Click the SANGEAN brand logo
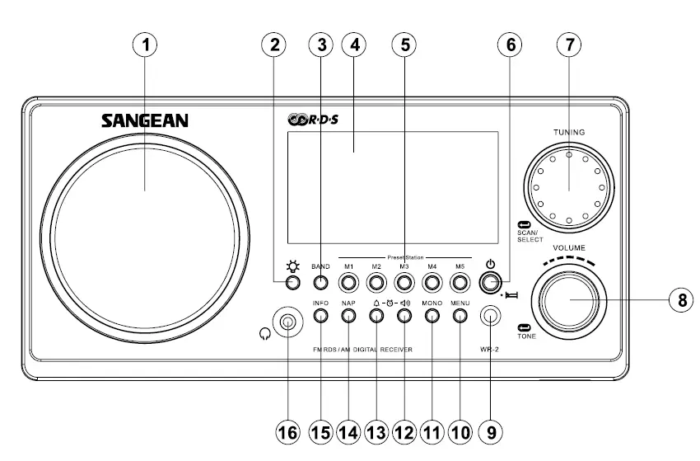[145, 121]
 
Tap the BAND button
[320, 283]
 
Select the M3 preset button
[404, 283]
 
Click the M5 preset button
[460, 283]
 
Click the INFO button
[320, 318]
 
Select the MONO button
[432, 318]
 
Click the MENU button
[460, 318]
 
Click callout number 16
[287, 431]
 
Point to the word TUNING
[569, 131]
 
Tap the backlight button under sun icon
[292, 283]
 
